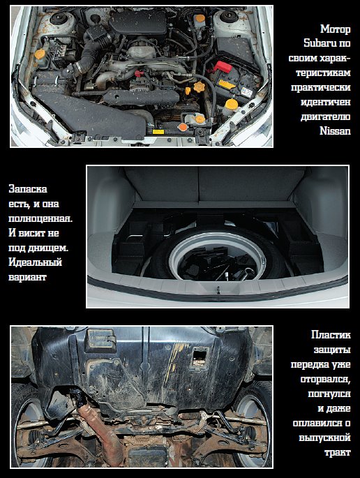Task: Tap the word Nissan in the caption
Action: [335, 130]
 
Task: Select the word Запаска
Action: [28, 189]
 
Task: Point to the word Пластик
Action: [331, 335]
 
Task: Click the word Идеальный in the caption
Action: [36, 262]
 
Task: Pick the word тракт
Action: [338, 452]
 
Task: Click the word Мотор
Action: [336, 29]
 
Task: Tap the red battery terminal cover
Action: [223, 67]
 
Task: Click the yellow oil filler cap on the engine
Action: [200, 87]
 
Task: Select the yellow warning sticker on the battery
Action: [227, 84]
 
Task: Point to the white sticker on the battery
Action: [246, 91]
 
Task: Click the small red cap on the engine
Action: [139, 73]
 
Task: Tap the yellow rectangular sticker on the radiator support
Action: [158, 132]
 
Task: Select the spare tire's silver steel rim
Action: [218, 257]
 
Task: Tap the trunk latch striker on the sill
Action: [218, 290]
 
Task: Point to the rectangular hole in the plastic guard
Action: [200, 356]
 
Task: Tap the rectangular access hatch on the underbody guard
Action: [99, 340]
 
